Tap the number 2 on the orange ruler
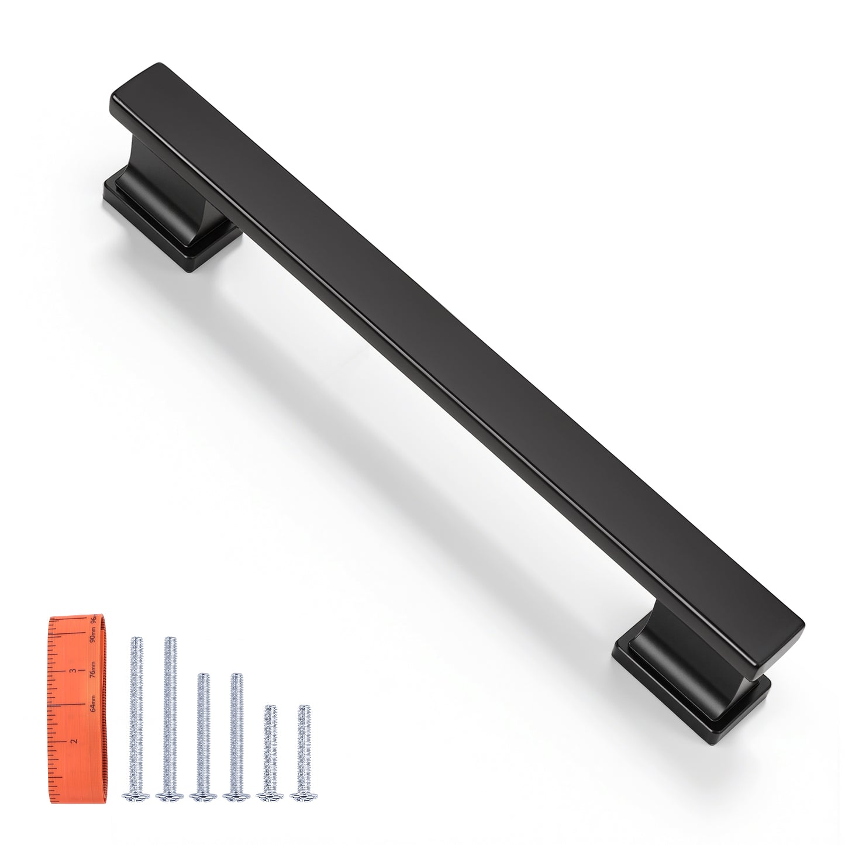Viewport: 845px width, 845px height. pos(74,740)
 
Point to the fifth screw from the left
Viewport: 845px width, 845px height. pos(270,751)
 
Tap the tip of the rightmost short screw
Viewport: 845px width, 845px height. pos(303,708)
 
